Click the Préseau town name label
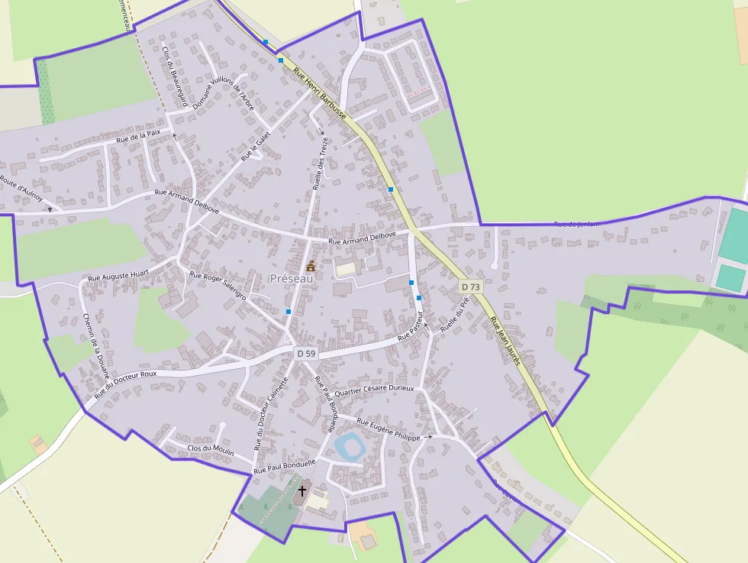(292, 279)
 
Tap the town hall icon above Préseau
(311, 266)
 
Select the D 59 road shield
(305, 353)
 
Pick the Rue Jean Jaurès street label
(505, 340)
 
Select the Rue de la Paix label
(138, 136)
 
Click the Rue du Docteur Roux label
(126, 384)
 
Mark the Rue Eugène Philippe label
(389, 429)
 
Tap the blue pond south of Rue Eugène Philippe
(351, 445)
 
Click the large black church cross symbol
(302, 490)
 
